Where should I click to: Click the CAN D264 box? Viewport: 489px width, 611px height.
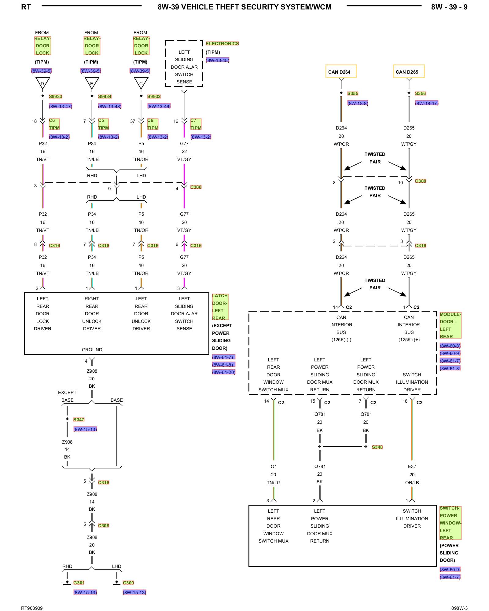[341, 71]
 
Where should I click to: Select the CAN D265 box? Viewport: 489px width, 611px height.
[409, 71]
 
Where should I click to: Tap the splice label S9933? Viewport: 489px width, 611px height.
[55, 97]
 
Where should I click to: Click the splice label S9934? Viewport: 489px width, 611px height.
[105, 97]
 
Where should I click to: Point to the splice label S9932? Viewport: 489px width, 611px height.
[154, 97]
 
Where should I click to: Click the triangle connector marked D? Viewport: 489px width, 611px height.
[42, 83]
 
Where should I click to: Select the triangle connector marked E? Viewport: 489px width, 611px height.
[92, 83]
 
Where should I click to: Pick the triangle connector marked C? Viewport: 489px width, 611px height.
[141, 83]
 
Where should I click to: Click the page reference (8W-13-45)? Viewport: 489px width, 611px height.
[217, 60]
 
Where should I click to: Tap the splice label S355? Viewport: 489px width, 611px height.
[353, 93]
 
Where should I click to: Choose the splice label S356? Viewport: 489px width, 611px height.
[420, 93]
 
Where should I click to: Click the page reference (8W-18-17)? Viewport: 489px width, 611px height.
[427, 103]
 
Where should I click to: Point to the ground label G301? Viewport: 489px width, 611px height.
[79, 583]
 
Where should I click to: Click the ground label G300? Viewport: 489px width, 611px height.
[128, 583]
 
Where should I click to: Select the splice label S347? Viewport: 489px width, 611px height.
[79, 420]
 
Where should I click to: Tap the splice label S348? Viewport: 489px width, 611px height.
[377, 447]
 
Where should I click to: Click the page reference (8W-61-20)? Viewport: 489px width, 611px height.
[224, 372]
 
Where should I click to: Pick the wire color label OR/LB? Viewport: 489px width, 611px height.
[412, 483]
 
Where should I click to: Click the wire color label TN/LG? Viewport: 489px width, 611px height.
[274, 483]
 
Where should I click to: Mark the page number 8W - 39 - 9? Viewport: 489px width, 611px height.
[449, 7]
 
